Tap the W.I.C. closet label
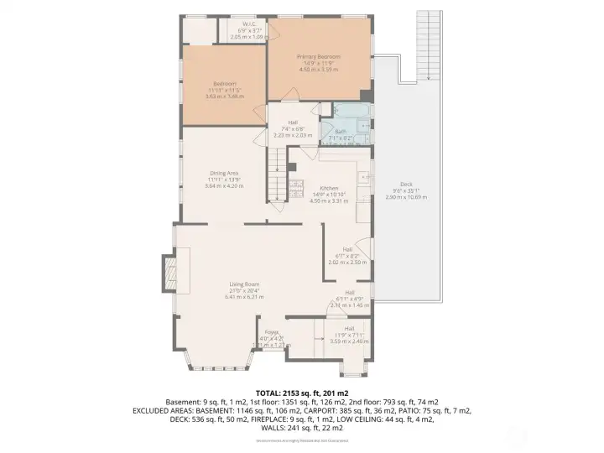(248, 24)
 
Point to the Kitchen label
(328, 188)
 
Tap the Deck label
(406, 184)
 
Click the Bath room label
(341, 132)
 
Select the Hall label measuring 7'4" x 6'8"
(293, 122)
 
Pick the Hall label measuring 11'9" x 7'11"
(349, 328)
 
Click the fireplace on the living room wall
(169, 273)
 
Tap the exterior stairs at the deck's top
(429, 46)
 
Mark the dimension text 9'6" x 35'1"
(406, 190)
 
